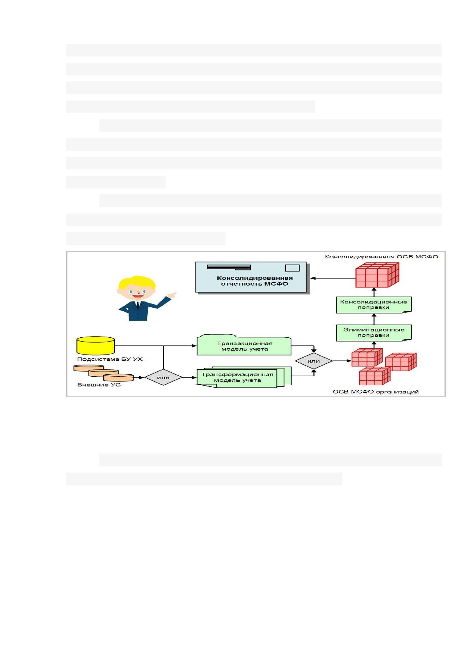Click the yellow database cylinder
coord(95,346)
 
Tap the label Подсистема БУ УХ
coord(110,359)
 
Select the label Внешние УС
coord(99,384)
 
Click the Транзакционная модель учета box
coord(244,345)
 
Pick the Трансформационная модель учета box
coord(244,377)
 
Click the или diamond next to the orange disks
coord(163,377)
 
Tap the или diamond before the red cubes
coord(314,361)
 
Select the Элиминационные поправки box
coord(374,333)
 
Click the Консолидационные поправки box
coord(374,305)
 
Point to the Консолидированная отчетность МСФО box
coord(251,278)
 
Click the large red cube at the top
coord(377,275)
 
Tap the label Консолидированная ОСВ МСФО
coord(381,257)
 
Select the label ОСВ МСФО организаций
coord(376,391)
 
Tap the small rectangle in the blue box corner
coord(292,268)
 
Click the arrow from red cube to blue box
coord(333,278)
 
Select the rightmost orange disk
coord(118,377)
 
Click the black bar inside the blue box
coord(229,267)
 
